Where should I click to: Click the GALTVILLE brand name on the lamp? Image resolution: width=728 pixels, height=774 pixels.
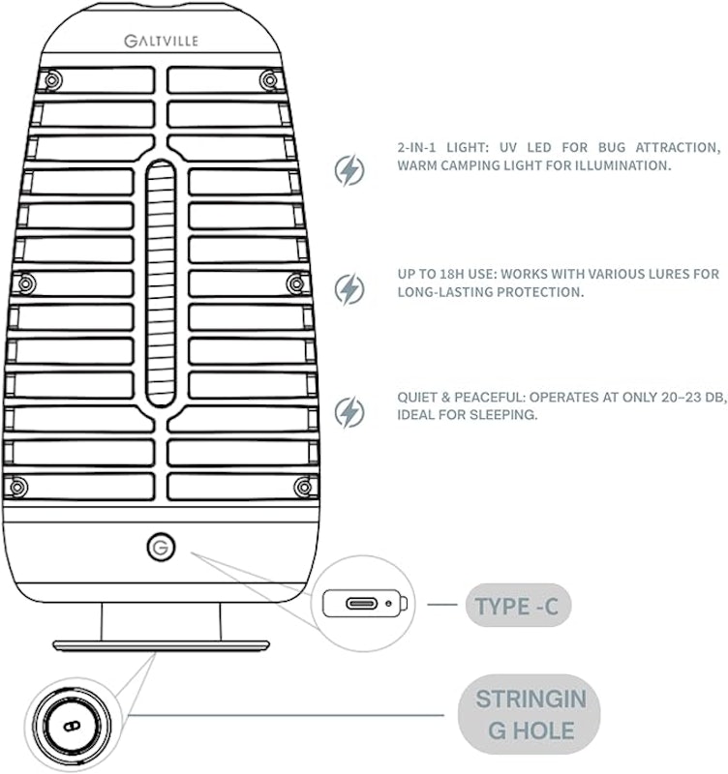tap(161, 41)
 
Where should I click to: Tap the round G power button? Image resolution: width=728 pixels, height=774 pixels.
tap(161, 547)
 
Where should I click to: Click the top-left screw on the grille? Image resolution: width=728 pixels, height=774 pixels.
tap(53, 80)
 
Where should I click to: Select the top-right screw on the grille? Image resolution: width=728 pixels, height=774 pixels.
tap(270, 80)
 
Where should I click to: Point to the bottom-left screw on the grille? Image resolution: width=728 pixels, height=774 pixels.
tap(18, 488)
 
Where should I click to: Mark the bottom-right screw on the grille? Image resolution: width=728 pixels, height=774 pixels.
tap(303, 488)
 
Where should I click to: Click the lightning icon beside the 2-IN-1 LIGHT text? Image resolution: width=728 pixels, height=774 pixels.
tap(349, 170)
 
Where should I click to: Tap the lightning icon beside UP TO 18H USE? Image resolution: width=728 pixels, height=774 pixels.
tap(349, 288)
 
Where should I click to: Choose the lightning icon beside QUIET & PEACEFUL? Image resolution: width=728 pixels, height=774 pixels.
tap(349, 412)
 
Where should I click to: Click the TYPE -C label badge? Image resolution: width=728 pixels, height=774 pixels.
tap(518, 606)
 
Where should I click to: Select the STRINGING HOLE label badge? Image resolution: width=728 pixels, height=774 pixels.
tap(530, 714)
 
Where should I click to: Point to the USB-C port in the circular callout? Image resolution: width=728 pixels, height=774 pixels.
tap(361, 603)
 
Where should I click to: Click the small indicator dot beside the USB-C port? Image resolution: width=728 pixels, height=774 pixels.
tap(389, 603)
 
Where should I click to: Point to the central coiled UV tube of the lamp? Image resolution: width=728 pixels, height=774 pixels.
tap(161, 283)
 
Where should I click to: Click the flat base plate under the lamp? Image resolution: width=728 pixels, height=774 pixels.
tap(161, 645)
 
